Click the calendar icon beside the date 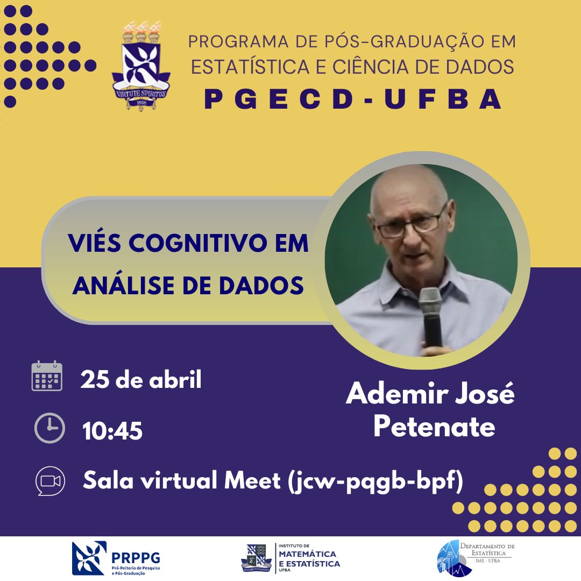pyautogui.click(x=47, y=375)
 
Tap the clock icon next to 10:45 pyautogui.click(x=49, y=428)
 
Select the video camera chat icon pyautogui.click(x=50, y=481)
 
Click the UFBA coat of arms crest pyautogui.click(x=141, y=66)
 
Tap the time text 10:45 pyautogui.click(x=112, y=431)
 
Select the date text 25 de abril pyautogui.click(x=141, y=379)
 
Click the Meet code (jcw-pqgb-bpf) pyautogui.click(x=375, y=481)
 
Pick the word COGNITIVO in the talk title pyautogui.click(x=198, y=243)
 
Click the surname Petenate pyautogui.click(x=434, y=426)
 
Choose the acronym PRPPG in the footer pyautogui.click(x=136, y=558)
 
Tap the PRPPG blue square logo pyautogui.click(x=89, y=558)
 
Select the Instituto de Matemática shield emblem pyautogui.click(x=257, y=558)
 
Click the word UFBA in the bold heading pyautogui.click(x=443, y=100)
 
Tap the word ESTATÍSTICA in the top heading pyautogui.click(x=250, y=67)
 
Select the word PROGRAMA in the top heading pyautogui.click(x=238, y=41)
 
